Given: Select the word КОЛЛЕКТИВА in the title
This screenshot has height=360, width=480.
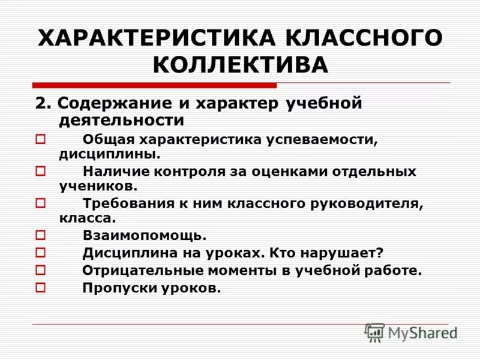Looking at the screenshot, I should coord(241,65).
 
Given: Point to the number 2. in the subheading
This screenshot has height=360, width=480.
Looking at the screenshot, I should coord(42,103).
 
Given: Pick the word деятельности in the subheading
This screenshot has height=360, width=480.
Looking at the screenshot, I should coord(121,120).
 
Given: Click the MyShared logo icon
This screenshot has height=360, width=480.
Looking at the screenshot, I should coord(374,332).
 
